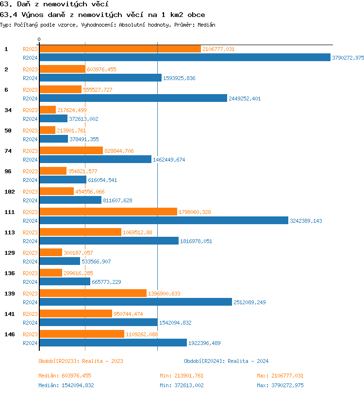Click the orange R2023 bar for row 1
pos(120,49)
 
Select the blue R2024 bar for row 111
pos(164,221)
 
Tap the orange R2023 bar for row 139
pos(93,294)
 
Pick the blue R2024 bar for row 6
pos(133,98)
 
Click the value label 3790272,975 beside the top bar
pos(347,58)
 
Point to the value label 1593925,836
pos(179,78)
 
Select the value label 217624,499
pos(72,110)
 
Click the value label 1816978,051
pos(196,241)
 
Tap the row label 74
pos(8,151)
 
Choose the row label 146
pos(9,334)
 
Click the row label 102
pos(9,192)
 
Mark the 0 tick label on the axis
pos(39,39)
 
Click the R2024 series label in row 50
pos(31,139)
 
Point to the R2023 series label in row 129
pos(31,253)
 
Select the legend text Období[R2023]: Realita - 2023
pos(81,361)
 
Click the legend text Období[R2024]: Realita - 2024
pos(226,361)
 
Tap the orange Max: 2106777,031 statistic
pos(280,376)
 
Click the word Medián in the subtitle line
pos(206,24)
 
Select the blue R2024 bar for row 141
pos(99,323)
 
